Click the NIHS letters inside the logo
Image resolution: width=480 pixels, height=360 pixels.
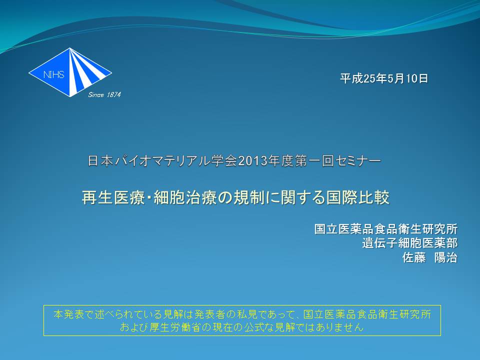[54, 74]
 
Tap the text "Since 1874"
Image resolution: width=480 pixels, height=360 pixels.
[104, 95]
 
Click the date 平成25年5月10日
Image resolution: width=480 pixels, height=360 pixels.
[384, 78]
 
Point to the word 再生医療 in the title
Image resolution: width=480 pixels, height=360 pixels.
[112, 197]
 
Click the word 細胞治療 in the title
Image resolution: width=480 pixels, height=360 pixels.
[184, 197]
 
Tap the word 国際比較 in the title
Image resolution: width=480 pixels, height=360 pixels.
[357, 197]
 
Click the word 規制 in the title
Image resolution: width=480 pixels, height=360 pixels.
[249, 197]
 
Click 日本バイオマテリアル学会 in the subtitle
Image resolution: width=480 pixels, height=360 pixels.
[162, 161]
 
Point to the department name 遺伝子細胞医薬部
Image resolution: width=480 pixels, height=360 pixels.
[409, 243]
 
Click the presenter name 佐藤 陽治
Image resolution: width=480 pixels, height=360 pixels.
[430, 257]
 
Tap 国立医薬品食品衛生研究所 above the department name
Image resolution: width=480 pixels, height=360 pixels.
[385, 229]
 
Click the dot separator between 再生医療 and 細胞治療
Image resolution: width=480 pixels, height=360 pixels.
[149, 198]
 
